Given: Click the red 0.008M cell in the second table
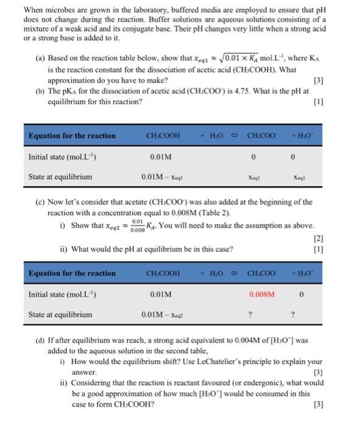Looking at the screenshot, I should [x=263, y=295].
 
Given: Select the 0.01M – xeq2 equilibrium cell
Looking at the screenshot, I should [x=163, y=315].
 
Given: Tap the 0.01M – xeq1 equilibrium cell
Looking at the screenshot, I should [x=163, y=177].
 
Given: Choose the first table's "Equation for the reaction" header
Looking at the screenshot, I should [x=71, y=135].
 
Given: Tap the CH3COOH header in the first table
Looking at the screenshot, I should [x=163, y=136].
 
